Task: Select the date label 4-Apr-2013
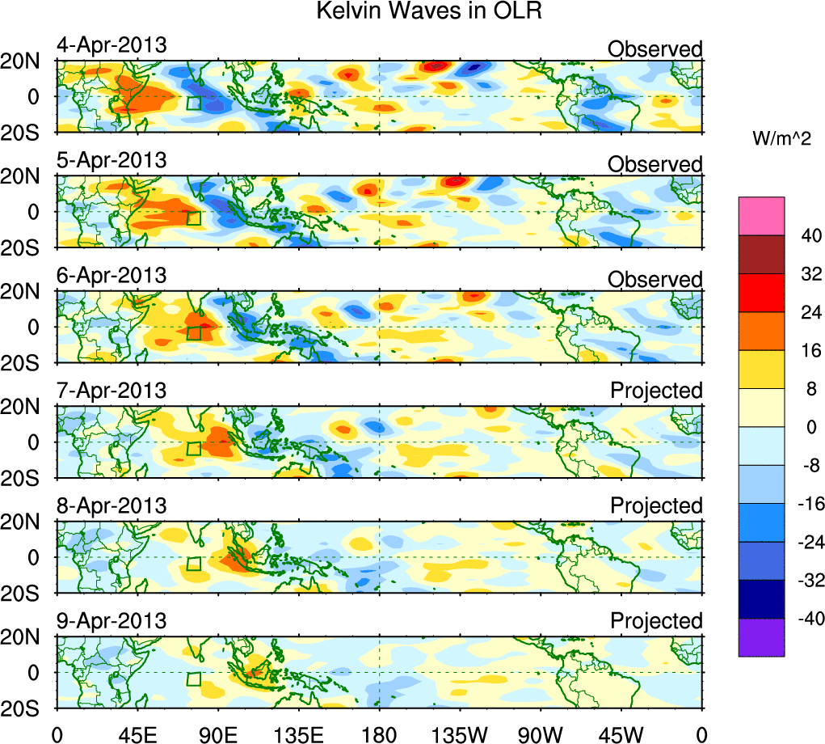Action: [x=112, y=45]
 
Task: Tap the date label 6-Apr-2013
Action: [x=112, y=275]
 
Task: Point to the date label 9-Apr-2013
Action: [x=112, y=621]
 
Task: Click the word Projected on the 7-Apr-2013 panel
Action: [x=656, y=391]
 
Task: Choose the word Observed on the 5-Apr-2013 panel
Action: [x=655, y=164]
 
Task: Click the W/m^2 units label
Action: [x=782, y=138]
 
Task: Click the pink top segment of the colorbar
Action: [x=761, y=215]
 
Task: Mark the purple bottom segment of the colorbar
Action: [x=761, y=637]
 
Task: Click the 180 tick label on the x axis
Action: [x=379, y=733]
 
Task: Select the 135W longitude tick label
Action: [x=459, y=733]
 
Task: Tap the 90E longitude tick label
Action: [x=217, y=733]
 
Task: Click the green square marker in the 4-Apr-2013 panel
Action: [x=193, y=103]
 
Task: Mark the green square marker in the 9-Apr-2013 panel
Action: [x=193, y=678]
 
